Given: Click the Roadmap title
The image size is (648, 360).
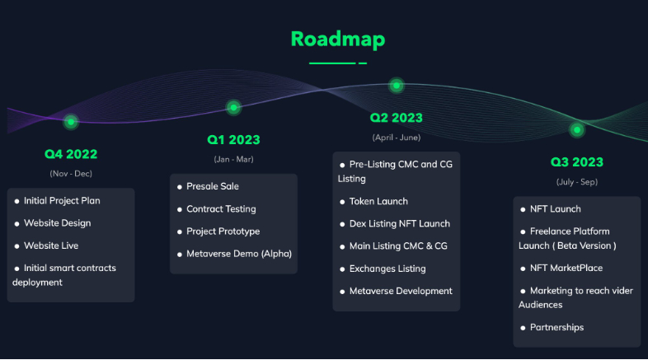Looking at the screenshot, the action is [x=338, y=40].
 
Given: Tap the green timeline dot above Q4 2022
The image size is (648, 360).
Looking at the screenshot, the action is [x=71, y=122].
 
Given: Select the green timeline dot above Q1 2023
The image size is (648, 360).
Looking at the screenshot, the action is [x=233, y=108].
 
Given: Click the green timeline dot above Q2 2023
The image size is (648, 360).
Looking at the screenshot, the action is [x=397, y=86].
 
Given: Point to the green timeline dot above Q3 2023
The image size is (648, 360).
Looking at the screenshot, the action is [x=577, y=130].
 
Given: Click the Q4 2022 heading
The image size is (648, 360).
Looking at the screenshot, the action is [x=71, y=154].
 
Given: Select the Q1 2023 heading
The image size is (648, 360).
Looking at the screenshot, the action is [x=233, y=140].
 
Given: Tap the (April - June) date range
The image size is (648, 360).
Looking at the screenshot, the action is [x=397, y=138].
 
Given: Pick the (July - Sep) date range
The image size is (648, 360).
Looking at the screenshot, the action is [x=577, y=182].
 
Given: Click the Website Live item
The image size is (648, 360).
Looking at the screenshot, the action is [x=51, y=245].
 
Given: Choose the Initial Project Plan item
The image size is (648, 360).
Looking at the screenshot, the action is [x=62, y=201].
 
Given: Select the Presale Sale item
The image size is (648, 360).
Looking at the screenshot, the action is [x=213, y=186].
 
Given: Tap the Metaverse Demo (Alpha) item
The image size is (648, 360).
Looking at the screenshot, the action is [x=239, y=254].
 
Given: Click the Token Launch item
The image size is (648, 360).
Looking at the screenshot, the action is [x=378, y=202].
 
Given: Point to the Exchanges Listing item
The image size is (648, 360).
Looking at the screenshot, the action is [x=387, y=269].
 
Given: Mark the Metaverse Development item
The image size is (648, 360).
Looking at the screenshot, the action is [x=401, y=291].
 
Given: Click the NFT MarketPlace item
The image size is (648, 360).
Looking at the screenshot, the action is [x=566, y=269].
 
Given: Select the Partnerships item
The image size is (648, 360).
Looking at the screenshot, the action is [x=556, y=327].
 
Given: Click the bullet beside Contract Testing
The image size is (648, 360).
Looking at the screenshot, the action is [x=180, y=210].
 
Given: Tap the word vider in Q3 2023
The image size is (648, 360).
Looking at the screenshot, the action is [x=622, y=291].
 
